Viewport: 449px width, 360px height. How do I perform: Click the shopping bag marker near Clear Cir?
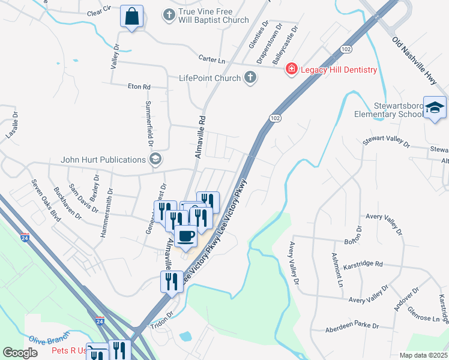[x=131, y=17]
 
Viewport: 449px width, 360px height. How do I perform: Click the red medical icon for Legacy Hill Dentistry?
[x=292, y=70]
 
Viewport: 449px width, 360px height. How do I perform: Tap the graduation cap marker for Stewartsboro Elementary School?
[x=435, y=108]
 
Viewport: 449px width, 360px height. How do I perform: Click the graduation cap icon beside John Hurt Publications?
[x=155, y=160]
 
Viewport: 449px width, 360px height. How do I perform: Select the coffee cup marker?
[x=186, y=236]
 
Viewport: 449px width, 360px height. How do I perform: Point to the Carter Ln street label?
[x=211, y=59]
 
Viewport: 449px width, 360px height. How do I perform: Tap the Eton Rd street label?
[x=139, y=87]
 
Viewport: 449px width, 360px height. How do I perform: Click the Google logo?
[x=20, y=353]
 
